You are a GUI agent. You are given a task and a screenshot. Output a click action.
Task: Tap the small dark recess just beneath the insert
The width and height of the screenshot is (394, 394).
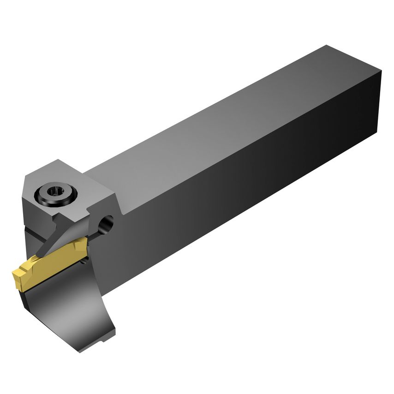[83, 261]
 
